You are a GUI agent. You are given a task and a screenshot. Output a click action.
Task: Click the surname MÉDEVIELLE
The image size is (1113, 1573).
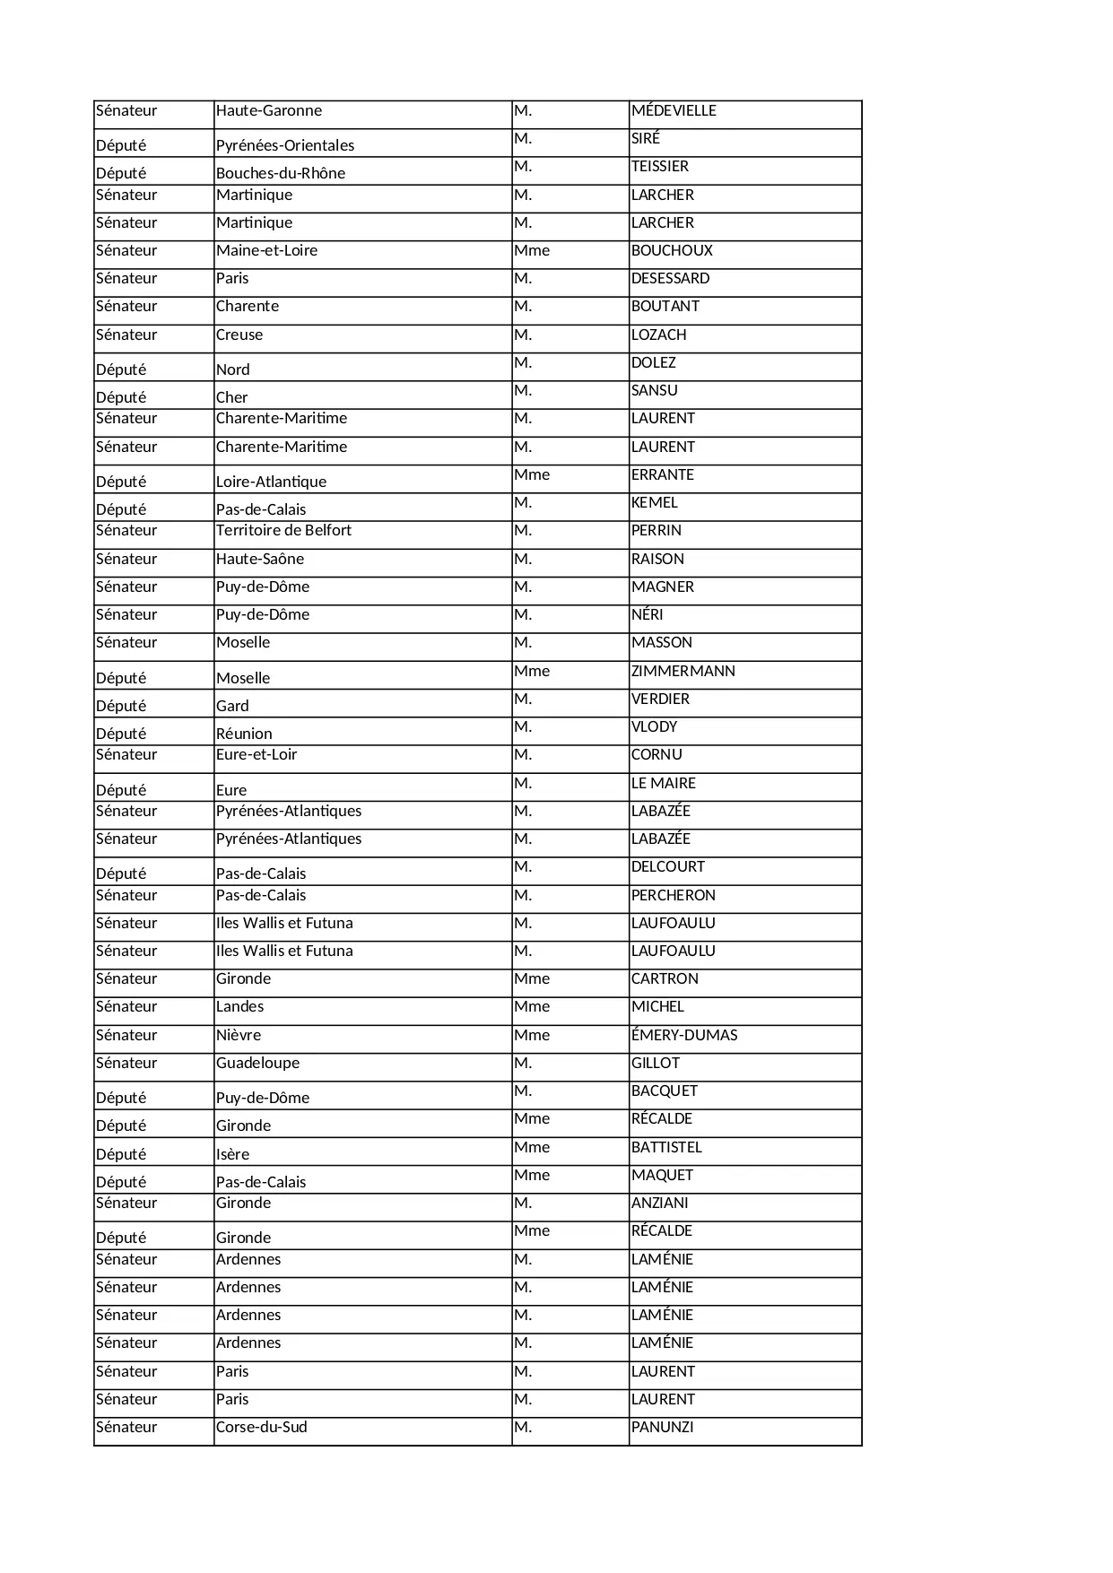pyautogui.click(x=674, y=111)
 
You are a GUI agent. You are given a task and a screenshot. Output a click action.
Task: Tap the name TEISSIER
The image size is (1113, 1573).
pyautogui.click(x=660, y=167)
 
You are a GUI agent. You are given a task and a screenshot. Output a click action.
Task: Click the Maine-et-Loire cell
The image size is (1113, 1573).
pyautogui.click(x=266, y=251)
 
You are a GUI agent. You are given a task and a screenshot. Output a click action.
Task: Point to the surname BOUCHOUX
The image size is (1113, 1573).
pyautogui.click(x=672, y=251)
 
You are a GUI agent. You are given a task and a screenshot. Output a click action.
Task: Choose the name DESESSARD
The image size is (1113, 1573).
pyautogui.click(x=670, y=279)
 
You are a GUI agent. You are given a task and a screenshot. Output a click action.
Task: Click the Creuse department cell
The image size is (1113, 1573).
pyautogui.click(x=239, y=335)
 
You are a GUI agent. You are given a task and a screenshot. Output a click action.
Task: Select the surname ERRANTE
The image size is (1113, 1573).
pyautogui.click(x=663, y=475)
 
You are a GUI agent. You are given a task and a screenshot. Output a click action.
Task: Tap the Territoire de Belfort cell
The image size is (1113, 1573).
pyautogui.click(x=283, y=531)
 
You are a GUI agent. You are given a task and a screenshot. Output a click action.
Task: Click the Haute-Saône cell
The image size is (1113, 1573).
pyautogui.click(x=260, y=560)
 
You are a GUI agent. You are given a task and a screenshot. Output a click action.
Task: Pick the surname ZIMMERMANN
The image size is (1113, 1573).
pyautogui.click(x=683, y=672)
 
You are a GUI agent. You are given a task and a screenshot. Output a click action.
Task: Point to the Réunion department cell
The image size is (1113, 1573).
pyautogui.click(x=244, y=734)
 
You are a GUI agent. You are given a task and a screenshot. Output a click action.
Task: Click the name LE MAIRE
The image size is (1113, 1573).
pyautogui.click(x=664, y=784)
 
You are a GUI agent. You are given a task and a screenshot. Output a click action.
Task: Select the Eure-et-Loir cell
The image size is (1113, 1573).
pyautogui.click(x=257, y=755)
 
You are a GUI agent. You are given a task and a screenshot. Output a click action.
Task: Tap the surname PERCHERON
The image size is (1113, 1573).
pyautogui.click(x=674, y=896)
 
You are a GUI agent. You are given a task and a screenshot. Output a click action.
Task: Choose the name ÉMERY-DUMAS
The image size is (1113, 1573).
pyautogui.click(x=684, y=1036)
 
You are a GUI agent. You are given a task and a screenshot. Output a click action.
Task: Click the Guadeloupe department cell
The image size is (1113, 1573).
pyautogui.click(x=257, y=1064)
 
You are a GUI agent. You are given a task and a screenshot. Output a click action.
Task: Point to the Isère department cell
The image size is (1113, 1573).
pyautogui.click(x=233, y=1155)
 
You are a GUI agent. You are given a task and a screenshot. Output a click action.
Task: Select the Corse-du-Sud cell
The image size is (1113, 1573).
pyautogui.click(x=262, y=1428)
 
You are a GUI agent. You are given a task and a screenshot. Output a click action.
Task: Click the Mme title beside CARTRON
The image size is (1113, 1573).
pyautogui.click(x=532, y=979)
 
